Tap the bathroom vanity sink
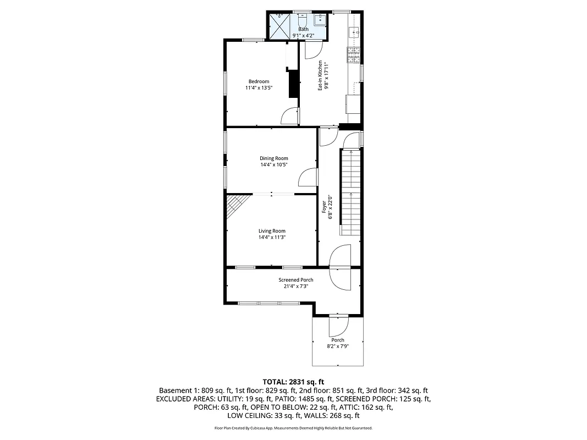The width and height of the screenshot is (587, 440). [x=320, y=20]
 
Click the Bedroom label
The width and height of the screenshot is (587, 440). [x=259, y=81]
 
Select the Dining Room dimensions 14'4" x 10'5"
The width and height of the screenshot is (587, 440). [x=274, y=165]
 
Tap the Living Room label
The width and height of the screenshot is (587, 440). [x=272, y=231]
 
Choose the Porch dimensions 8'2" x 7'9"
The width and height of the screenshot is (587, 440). [x=337, y=346]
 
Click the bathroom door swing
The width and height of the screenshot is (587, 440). [x=312, y=51]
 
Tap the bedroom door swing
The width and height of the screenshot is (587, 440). [x=290, y=116]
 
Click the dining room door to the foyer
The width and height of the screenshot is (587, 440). [x=309, y=178]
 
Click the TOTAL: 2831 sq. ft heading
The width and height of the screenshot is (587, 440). [x=293, y=381]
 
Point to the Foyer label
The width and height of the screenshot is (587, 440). [x=324, y=206]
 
